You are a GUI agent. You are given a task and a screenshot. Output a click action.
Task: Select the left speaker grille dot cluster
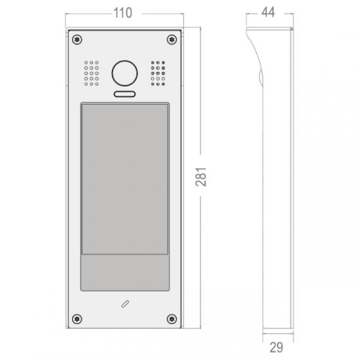tap(91, 73)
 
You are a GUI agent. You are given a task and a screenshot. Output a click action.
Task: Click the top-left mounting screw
tap(77, 39)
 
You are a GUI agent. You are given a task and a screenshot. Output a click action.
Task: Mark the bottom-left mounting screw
tap(77, 319)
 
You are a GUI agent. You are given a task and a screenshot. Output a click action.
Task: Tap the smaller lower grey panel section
tap(124, 274)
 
